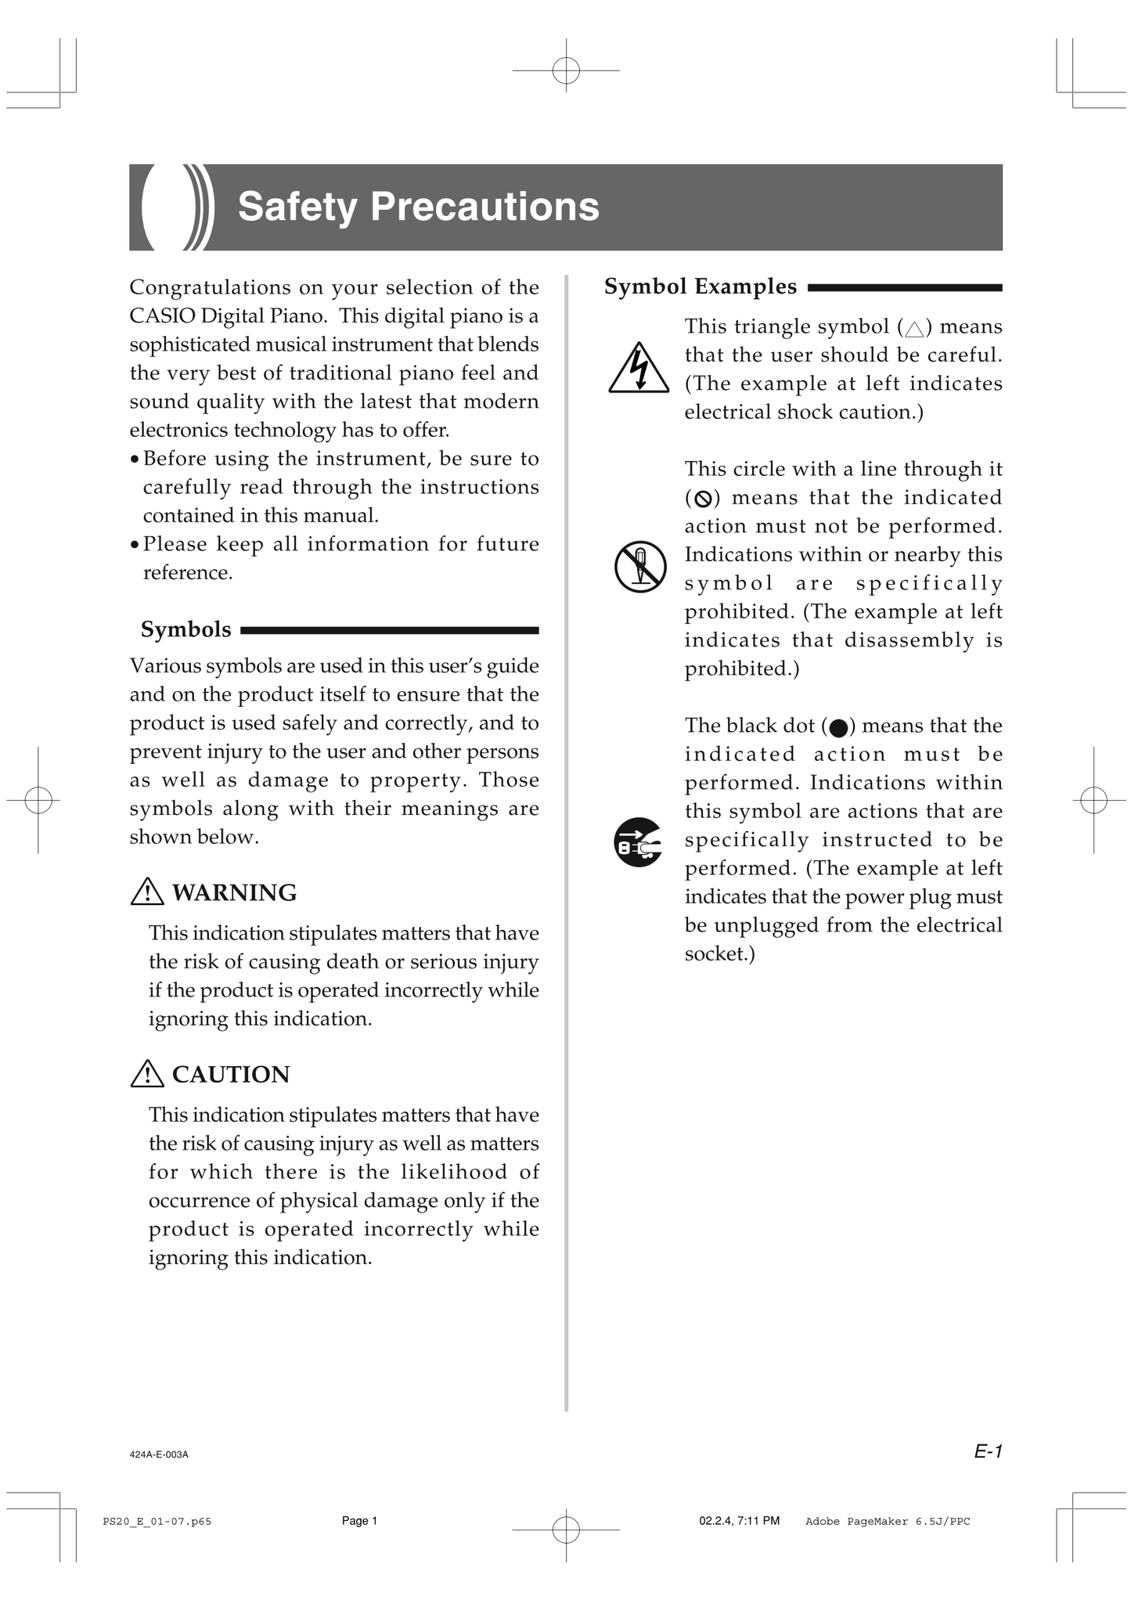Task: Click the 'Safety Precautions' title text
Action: coord(418,207)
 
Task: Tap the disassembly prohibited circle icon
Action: coord(640,566)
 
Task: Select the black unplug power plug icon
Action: coord(638,842)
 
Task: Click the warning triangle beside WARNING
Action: coord(147,892)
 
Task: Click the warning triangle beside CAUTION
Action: coord(147,1073)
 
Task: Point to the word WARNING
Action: coord(234,892)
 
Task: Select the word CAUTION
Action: coord(231,1074)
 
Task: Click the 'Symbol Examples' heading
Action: coord(700,286)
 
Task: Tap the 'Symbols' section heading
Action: coord(185,629)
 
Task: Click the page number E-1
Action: coord(988,1451)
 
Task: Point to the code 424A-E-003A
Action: coord(159,1454)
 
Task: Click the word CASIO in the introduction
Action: coord(162,316)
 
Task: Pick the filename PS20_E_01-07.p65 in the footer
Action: coord(157,1521)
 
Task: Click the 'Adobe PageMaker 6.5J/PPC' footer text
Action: coord(887,1521)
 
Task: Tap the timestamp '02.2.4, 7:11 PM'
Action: coord(739,1521)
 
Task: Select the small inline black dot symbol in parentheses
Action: coord(837,727)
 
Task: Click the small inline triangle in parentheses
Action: coord(913,328)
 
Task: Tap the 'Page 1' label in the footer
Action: coord(359,1521)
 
